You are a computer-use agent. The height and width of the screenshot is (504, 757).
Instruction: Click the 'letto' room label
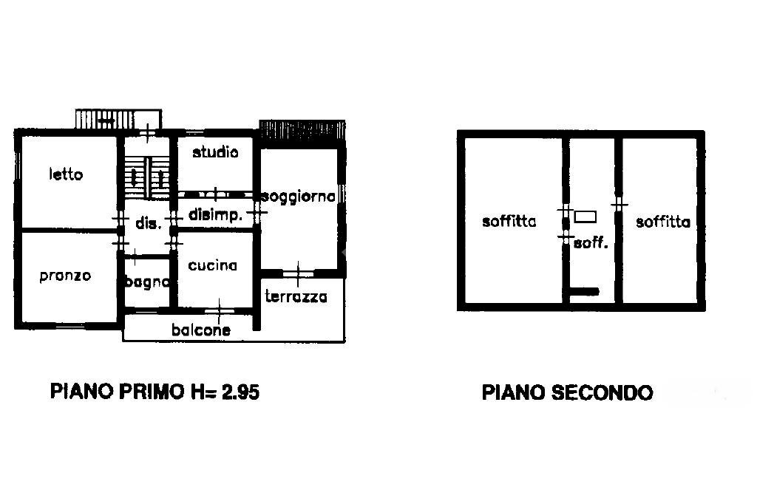point(66,175)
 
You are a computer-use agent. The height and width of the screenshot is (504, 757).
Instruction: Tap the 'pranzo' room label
point(65,276)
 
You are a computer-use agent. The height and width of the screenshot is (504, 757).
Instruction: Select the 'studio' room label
point(215,153)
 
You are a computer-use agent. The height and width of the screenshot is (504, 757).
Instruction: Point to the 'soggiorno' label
point(299,197)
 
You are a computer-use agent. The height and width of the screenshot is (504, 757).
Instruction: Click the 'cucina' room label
point(212,266)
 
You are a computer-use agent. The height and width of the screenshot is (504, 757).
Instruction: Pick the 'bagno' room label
point(147,282)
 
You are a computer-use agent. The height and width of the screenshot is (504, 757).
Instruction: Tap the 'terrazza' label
point(296,297)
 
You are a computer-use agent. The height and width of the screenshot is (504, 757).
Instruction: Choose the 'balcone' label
point(200,330)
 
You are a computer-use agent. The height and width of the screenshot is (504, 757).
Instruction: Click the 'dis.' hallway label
point(148,222)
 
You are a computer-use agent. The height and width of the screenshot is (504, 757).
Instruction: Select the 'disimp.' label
point(216,216)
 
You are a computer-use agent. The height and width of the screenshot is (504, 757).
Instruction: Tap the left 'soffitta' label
point(509,221)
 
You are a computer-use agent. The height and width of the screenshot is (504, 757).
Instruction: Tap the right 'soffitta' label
point(662,221)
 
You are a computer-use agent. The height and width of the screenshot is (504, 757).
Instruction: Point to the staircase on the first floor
point(147,177)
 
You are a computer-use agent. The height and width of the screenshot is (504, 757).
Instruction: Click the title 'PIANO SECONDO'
point(567,392)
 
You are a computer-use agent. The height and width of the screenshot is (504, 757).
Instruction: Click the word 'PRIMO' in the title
point(145,392)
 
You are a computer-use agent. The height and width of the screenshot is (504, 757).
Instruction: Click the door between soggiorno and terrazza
point(297,273)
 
